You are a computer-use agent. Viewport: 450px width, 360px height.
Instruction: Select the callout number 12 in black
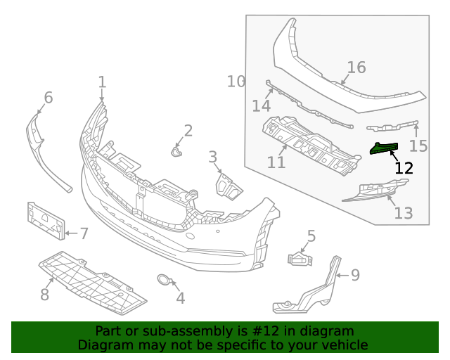point(404,168)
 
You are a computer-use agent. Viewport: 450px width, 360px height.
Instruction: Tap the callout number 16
point(356,67)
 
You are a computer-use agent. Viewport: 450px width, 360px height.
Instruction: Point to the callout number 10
point(236,82)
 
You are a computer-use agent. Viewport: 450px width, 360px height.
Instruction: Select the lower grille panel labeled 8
point(91,281)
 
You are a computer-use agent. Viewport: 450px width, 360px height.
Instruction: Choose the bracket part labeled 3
point(226,186)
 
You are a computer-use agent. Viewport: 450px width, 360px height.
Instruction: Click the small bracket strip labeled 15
point(391,127)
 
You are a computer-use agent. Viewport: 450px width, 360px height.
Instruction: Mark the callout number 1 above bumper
point(102,82)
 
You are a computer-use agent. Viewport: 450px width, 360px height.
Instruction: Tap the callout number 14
point(262,105)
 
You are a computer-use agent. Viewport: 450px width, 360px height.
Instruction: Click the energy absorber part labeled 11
point(309,144)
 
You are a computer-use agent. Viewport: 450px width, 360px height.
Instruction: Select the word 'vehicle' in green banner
point(342,345)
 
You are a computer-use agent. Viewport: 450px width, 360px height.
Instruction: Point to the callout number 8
point(44,295)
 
